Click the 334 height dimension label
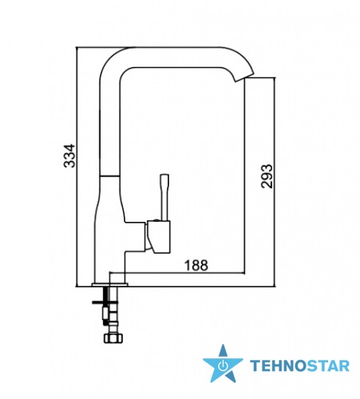69,156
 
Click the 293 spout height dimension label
267,176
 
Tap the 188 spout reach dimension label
196,265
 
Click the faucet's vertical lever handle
164,197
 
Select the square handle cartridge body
158,237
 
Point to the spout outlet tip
244,77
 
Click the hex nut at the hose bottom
114,338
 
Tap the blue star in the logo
223,364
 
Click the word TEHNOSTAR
299,365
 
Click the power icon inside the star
223,366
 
